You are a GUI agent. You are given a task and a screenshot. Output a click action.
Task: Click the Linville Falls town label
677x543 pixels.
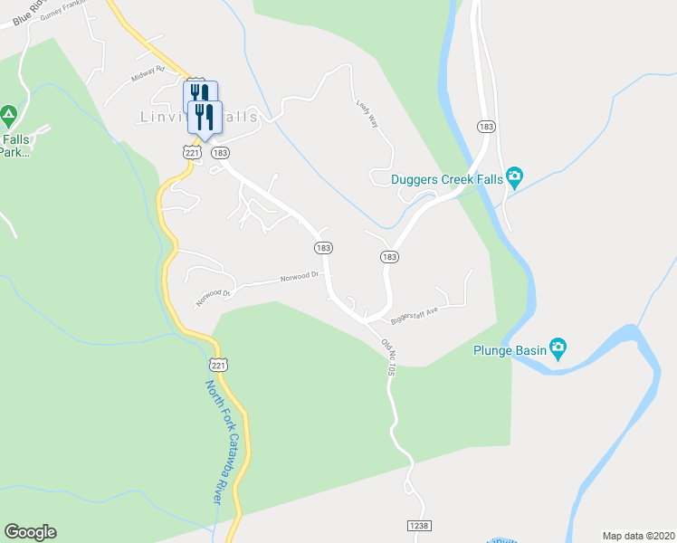(x=186, y=117)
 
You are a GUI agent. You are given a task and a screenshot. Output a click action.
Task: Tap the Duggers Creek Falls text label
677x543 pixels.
(x=446, y=179)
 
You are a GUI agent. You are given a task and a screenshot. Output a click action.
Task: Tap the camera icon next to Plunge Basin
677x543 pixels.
(x=558, y=347)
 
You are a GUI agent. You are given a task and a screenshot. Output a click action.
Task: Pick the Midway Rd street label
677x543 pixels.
(x=148, y=73)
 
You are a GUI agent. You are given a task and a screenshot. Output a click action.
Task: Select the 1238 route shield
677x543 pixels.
(x=419, y=524)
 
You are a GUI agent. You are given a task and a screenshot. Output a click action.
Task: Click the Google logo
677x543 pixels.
(x=30, y=532)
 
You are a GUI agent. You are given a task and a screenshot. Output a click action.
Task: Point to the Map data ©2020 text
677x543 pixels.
(x=638, y=535)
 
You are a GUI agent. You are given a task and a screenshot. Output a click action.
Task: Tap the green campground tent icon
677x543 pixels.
(x=9, y=115)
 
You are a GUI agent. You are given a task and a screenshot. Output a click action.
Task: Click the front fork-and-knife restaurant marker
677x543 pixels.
(x=205, y=117)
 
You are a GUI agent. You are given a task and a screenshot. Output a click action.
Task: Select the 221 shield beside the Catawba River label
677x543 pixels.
(x=216, y=365)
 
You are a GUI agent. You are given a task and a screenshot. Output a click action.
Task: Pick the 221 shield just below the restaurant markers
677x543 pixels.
(x=191, y=153)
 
